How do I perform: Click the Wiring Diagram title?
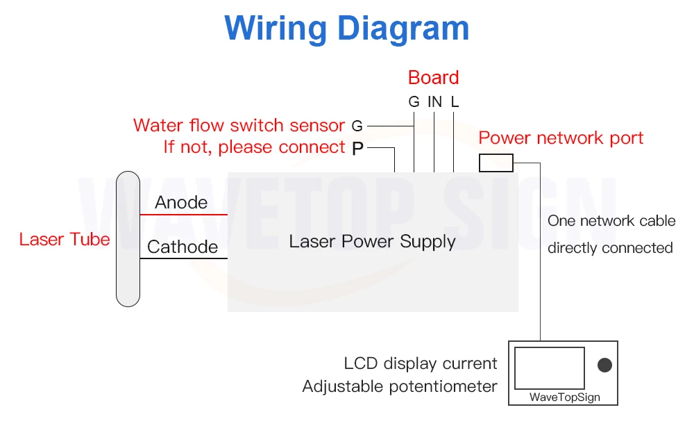click(x=347, y=29)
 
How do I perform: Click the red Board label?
click(x=433, y=77)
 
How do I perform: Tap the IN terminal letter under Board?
click(x=434, y=102)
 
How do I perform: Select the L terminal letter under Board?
click(x=455, y=102)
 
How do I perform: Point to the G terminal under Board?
click(x=414, y=102)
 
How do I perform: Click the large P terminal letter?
click(x=357, y=148)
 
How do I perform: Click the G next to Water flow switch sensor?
click(x=357, y=126)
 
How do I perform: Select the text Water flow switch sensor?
click(x=239, y=126)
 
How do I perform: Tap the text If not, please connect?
click(x=254, y=147)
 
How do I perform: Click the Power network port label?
click(x=561, y=138)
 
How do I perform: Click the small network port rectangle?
click(x=496, y=163)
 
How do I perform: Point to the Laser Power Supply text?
click(x=372, y=242)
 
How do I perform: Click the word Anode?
click(x=181, y=202)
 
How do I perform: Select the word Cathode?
click(x=183, y=247)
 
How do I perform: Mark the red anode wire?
click(x=184, y=215)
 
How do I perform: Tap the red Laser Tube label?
click(x=65, y=240)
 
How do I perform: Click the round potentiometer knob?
click(x=604, y=365)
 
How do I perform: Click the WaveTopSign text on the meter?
click(x=564, y=398)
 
